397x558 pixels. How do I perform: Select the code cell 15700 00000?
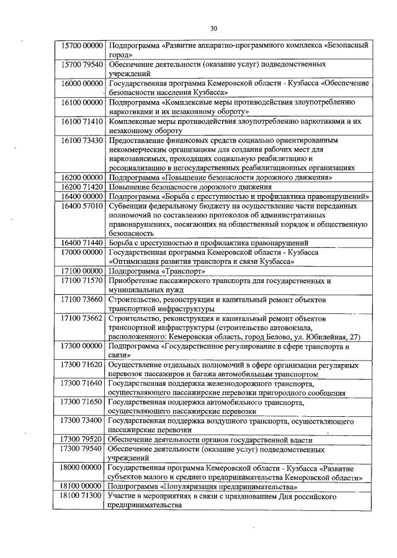78,46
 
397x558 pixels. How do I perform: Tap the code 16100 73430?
78,141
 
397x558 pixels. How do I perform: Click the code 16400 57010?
78,206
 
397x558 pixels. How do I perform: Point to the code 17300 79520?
78,440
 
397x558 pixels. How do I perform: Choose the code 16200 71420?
78,186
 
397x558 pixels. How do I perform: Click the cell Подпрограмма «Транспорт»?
149,271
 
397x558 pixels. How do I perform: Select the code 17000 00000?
78,253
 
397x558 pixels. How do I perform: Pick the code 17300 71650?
78,403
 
